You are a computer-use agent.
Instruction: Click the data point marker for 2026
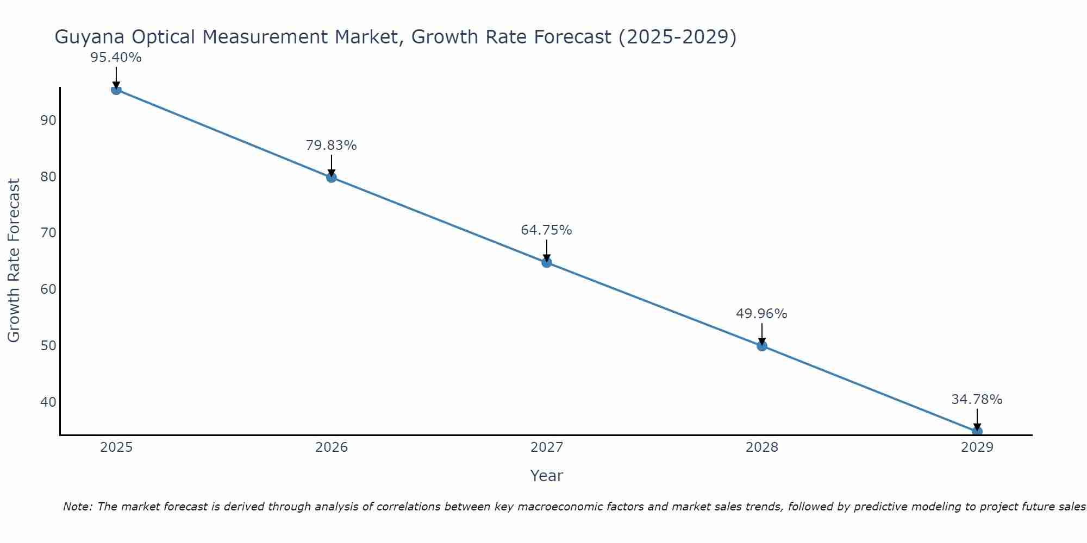coord(331,177)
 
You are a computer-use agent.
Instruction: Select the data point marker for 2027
coord(546,262)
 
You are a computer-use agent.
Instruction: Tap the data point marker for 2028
coord(761,345)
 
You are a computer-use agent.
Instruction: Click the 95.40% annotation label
coord(116,58)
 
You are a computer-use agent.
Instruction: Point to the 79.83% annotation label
coord(331,146)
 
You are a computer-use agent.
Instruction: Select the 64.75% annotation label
coord(546,230)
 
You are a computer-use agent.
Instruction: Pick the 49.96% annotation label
coord(761,314)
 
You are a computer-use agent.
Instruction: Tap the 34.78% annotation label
coord(977,400)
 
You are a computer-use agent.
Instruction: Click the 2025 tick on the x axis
coord(116,447)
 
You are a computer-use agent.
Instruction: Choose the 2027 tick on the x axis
coord(547,447)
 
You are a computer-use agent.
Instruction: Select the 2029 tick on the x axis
coord(977,447)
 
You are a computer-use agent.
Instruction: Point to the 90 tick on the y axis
coord(48,121)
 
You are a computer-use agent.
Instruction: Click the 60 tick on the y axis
coord(48,289)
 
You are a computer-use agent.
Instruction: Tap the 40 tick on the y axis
coord(48,402)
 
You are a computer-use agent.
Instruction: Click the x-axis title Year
coord(546,476)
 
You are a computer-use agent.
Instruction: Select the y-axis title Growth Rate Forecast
coord(14,261)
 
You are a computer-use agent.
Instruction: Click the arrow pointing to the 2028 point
coord(761,333)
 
